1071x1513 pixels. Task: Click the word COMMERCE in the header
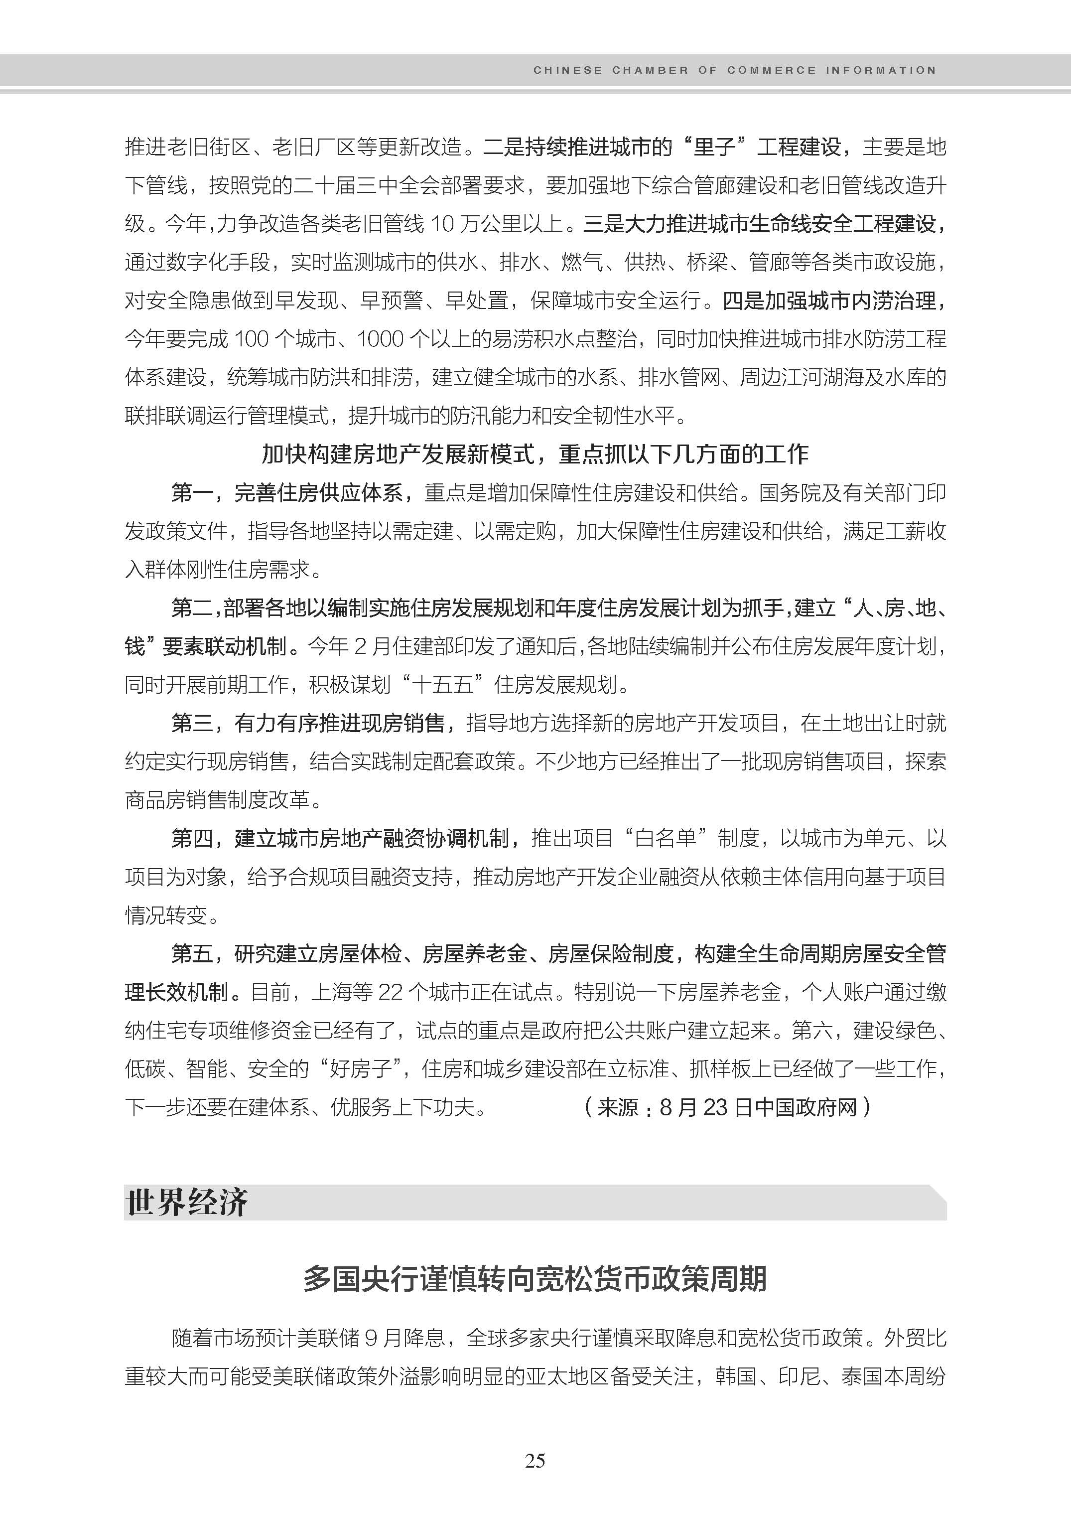point(772,70)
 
